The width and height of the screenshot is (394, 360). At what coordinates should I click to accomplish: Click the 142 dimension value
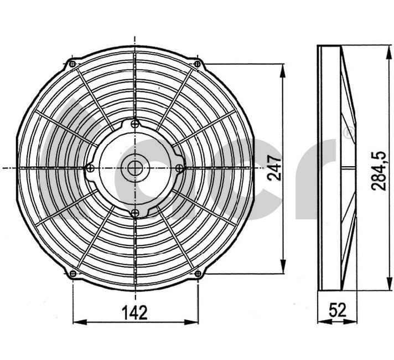[134, 313]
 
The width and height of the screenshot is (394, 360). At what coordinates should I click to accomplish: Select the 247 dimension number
[274, 168]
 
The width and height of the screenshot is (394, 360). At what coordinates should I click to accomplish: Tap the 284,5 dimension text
[379, 171]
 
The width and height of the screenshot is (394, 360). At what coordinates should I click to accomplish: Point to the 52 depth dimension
[338, 310]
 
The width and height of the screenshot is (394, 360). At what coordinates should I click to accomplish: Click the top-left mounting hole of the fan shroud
[72, 64]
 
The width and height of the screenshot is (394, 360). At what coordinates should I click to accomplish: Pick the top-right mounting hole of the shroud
[198, 64]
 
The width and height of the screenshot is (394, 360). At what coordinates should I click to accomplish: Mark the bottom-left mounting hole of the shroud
[72, 274]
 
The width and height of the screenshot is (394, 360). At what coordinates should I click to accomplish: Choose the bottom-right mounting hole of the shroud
[198, 274]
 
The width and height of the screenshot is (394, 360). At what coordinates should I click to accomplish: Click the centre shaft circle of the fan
[135, 168]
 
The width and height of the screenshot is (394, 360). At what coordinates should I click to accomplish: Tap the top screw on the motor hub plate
[135, 124]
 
